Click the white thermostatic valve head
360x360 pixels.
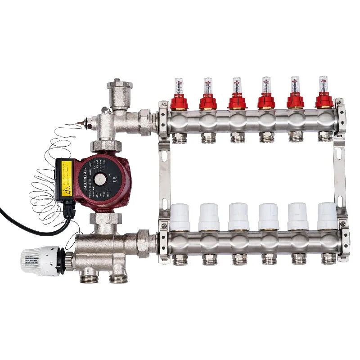pos(40,261)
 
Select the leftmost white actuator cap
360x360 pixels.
pos(180,217)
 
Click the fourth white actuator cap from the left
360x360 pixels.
pos(268,216)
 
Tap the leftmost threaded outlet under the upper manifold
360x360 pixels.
pos(180,137)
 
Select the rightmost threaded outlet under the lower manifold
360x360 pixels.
pos(328,258)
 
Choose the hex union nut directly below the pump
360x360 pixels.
pos(106,219)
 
